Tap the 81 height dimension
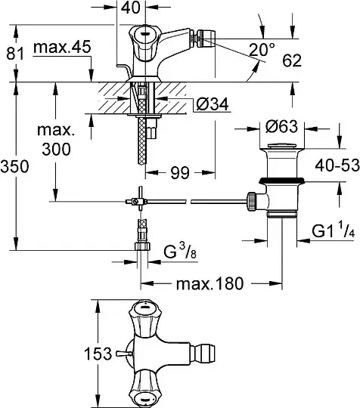click(x=15, y=54)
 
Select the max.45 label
click(x=62, y=47)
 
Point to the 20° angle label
click(x=262, y=49)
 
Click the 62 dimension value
click(x=292, y=60)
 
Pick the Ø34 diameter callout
click(x=213, y=104)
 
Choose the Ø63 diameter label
click(x=281, y=127)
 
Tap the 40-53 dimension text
click(x=337, y=165)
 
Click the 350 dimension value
click(x=14, y=166)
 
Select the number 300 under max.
click(x=56, y=149)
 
